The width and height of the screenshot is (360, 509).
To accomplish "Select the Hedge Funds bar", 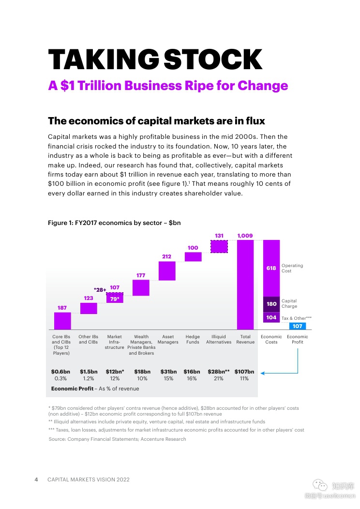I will (193, 256).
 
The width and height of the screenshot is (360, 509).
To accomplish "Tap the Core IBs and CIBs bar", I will (62, 321).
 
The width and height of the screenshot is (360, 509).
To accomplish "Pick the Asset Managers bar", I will (167, 270).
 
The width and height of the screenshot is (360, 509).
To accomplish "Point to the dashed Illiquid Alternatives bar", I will (219, 246).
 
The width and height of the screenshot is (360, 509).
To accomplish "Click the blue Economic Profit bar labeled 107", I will (298, 326).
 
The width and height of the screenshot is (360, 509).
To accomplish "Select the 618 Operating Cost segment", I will (271, 268).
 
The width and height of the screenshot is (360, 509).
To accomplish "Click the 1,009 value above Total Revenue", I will (245, 236).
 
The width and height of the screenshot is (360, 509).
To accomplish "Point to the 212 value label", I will (166, 256).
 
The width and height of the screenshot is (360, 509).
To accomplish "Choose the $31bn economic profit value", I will (168, 372).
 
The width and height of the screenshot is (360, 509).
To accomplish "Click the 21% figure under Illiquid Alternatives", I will (219, 379).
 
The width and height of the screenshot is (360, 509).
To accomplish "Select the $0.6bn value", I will (60, 372).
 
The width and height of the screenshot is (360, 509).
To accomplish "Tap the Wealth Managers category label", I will (141, 344).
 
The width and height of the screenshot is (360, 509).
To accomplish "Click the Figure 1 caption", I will (114, 223).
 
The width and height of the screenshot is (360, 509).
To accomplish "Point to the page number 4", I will (36, 479).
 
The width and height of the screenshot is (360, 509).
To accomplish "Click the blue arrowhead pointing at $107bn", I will (262, 373).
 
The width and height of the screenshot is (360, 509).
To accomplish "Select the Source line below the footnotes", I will (117, 439).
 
